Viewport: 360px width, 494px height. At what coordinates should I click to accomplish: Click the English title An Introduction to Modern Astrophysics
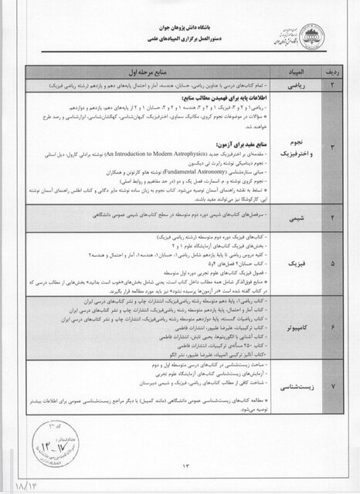[x=155, y=155]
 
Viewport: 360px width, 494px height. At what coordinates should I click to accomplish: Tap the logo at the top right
[x=308, y=31]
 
